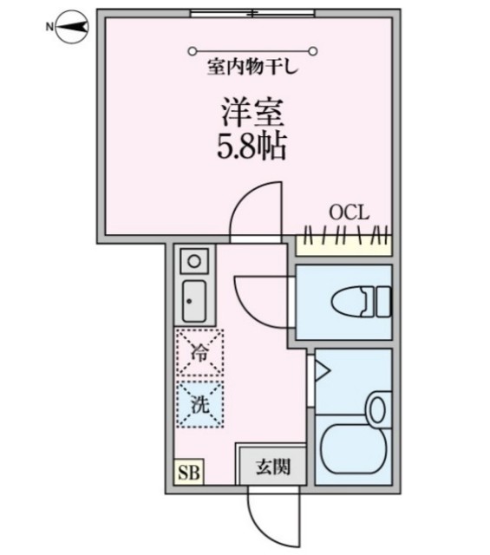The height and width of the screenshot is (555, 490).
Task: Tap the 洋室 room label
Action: coord(252,114)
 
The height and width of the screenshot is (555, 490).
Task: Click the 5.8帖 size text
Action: coord(252,146)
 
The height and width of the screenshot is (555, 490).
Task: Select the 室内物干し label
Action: coord(252,65)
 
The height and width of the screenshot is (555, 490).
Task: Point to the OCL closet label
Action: coord(350,212)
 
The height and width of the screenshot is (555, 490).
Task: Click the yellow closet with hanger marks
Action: coord(343,244)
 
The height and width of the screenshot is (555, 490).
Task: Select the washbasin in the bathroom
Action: coord(379,408)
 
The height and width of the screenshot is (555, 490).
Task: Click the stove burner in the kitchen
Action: coord(195,260)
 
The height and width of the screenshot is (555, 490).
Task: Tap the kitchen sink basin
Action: coord(193,302)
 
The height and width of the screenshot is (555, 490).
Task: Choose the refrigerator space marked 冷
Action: coord(199,353)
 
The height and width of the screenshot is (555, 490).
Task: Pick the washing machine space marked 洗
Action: coord(199,403)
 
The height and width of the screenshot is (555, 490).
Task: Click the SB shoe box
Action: coord(186,472)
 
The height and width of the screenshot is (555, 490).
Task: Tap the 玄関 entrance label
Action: coord(271,467)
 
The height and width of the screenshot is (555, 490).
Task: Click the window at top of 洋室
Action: coord(252,12)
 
